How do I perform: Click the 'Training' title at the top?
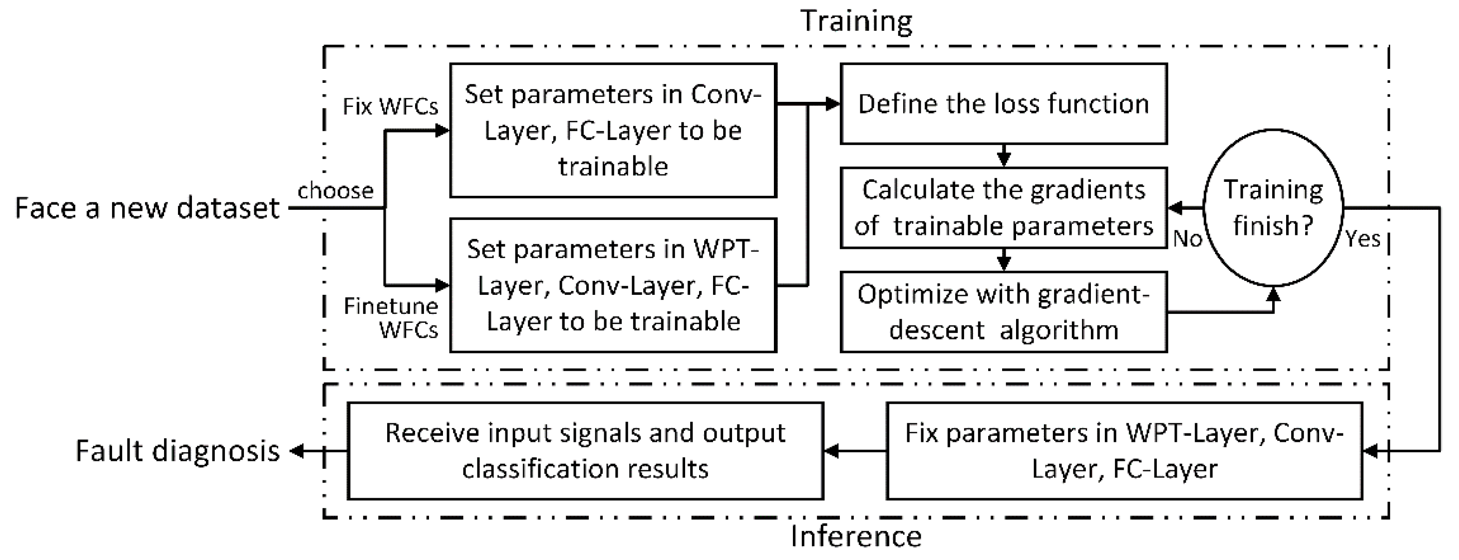point(856,21)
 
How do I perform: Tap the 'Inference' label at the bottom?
point(856,536)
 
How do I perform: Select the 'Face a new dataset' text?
point(147,208)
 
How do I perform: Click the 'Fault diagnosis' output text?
point(178,451)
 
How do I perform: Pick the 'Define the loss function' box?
point(1003,104)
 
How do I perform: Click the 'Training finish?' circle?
point(1273,207)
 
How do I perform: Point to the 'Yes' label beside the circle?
point(1363,239)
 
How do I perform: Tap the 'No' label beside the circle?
point(1187,239)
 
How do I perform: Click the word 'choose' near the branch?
point(335,191)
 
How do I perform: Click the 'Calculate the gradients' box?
point(1003,207)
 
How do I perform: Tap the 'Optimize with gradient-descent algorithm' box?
point(1003,312)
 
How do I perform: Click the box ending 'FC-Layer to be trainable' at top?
point(613,130)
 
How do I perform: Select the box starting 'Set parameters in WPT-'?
point(613,285)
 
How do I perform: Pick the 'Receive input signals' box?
point(585,451)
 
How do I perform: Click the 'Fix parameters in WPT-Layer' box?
point(1124,451)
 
